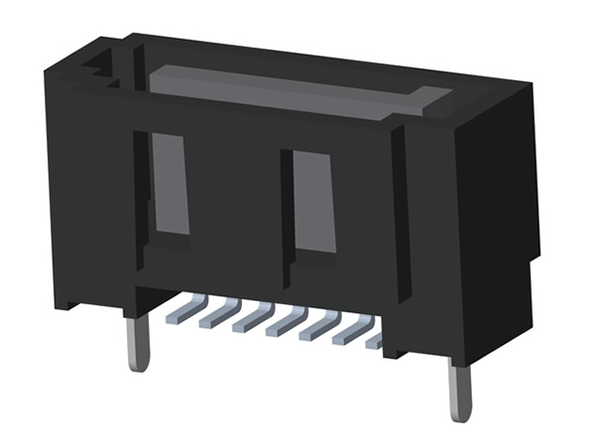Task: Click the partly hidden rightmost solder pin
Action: click(x=375, y=341)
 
